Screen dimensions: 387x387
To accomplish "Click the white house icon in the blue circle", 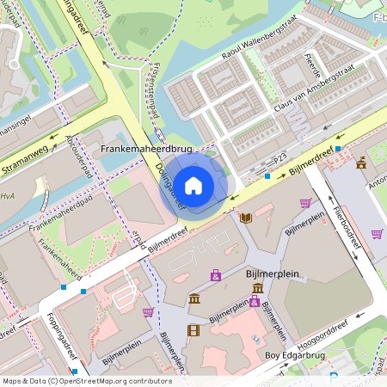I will point(193,185).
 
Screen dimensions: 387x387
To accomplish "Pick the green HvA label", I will point(7,195).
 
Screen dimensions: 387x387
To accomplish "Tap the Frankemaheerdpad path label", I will point(59,217).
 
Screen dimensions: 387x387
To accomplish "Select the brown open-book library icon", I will point(246,218).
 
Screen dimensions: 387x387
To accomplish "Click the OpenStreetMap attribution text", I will point(87,380).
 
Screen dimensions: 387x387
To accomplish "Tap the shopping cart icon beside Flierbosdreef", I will point(377,233).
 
